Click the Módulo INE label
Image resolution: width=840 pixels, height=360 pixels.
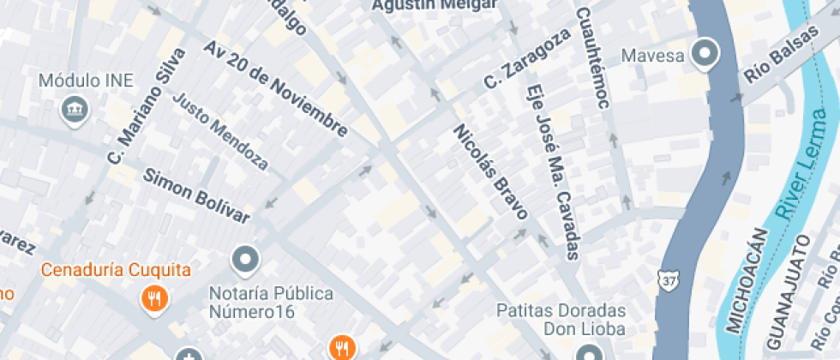(x=87, y=81)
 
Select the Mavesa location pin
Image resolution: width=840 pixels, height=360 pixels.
(x=705, y=54)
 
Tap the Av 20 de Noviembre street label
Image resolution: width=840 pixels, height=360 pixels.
(x=276, y=87)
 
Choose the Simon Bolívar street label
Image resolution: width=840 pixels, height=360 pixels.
(x=196, y=196)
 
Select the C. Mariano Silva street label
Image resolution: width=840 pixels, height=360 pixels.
(x=147, y=105)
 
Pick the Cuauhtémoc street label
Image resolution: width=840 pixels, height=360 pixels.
(x=593, y=57)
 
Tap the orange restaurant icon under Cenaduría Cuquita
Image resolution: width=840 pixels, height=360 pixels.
(x=154, y=298)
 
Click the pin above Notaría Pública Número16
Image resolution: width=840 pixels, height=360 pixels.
(x=246, y=257)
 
